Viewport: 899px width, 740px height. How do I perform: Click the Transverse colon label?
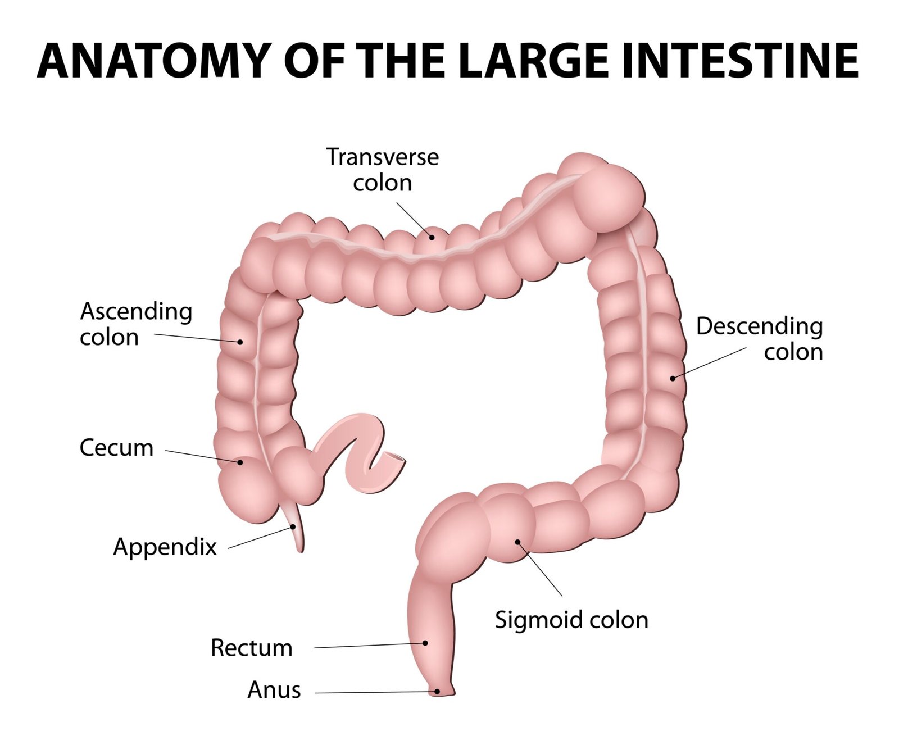382,170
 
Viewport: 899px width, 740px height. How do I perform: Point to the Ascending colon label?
135,324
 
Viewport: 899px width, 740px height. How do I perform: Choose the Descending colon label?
760,339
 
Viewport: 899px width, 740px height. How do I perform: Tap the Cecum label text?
116,448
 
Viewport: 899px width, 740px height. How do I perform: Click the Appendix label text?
165,547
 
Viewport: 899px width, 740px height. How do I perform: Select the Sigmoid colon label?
571,620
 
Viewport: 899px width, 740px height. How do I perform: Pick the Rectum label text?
251,648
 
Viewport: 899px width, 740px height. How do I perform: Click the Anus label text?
274,690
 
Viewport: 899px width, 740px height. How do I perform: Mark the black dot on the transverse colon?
432,237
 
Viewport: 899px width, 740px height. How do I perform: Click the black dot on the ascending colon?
240,342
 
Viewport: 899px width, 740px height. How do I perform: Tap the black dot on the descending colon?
673,378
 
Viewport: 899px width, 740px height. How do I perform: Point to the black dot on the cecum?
240,462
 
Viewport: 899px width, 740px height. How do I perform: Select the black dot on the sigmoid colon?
518,542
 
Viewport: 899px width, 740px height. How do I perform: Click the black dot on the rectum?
425,643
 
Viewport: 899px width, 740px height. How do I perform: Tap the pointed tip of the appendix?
301,550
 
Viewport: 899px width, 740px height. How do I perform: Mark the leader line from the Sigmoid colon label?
541,569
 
